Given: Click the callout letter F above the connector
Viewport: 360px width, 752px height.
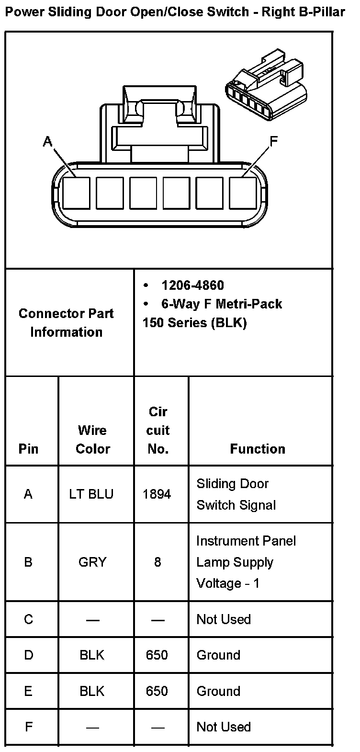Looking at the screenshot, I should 273,141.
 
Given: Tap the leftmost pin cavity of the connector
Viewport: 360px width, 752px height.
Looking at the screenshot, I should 76,193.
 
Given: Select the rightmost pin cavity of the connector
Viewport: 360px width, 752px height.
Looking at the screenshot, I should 243,193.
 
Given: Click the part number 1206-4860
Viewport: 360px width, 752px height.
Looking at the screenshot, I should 192,285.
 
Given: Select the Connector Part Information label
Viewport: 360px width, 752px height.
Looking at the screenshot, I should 67,323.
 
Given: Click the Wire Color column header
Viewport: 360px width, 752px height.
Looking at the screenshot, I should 93,440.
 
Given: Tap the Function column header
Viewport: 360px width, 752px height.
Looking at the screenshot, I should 258,449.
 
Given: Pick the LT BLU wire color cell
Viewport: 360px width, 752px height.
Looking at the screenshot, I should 91,494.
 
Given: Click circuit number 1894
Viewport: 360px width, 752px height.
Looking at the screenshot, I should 157,494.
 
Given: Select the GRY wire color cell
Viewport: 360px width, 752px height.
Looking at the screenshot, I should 92,562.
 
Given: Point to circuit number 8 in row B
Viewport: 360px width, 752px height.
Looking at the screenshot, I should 157,562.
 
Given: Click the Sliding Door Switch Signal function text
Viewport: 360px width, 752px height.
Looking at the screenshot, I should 236,494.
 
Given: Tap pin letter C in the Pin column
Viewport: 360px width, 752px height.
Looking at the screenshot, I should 28,619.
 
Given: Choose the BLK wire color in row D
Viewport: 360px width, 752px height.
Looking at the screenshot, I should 92,655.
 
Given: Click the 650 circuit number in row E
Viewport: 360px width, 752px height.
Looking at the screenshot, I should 157,691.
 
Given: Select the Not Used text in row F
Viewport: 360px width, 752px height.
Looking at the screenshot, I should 224,727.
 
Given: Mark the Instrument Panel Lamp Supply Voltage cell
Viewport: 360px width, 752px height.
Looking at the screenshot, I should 246,562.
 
